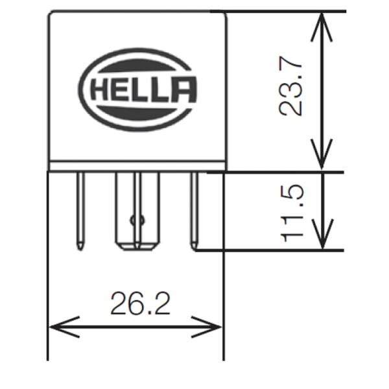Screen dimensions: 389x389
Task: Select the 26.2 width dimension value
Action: pos(141,303)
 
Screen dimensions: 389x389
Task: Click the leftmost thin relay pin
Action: pos(80,211)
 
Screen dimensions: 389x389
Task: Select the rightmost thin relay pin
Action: pos(194,211)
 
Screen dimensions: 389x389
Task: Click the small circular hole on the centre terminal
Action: pos(137,220)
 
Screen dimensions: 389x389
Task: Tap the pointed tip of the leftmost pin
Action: pos(80,250)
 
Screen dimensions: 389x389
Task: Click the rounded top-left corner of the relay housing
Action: pos(51,13)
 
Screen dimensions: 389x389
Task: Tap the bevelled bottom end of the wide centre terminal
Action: pos(137,247)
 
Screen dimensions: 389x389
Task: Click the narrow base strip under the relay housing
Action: pos(137,166)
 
